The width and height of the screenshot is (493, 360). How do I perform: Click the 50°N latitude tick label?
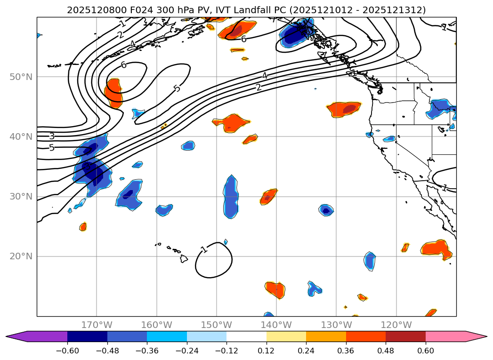click(x=22, y=77)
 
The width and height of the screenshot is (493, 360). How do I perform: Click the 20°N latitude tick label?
click(x=22, y=256)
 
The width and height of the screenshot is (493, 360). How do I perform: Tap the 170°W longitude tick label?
click(x=97, y=325)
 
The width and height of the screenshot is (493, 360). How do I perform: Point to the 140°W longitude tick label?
click(x=276, y=325)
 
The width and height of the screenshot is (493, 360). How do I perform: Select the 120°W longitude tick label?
click(x=396, y=325)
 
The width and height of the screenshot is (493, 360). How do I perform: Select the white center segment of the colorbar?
click(x=246, y=336)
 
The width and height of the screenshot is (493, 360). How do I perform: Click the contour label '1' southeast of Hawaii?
click(x=204, y=249)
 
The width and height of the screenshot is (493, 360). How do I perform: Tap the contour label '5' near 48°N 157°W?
click(x=177, y=88)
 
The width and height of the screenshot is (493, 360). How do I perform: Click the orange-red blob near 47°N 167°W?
click(x=114, y=93)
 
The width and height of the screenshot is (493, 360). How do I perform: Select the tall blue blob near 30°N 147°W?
click(x=231, y=197)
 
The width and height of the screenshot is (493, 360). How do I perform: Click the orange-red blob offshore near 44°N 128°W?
click(x=344, y=109)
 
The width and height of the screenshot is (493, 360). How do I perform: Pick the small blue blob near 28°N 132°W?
click(x=326, y=210)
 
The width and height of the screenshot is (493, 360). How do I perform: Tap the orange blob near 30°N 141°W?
click(x=269, y=197)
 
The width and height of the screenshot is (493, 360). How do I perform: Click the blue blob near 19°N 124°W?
click(x=370, y=261)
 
